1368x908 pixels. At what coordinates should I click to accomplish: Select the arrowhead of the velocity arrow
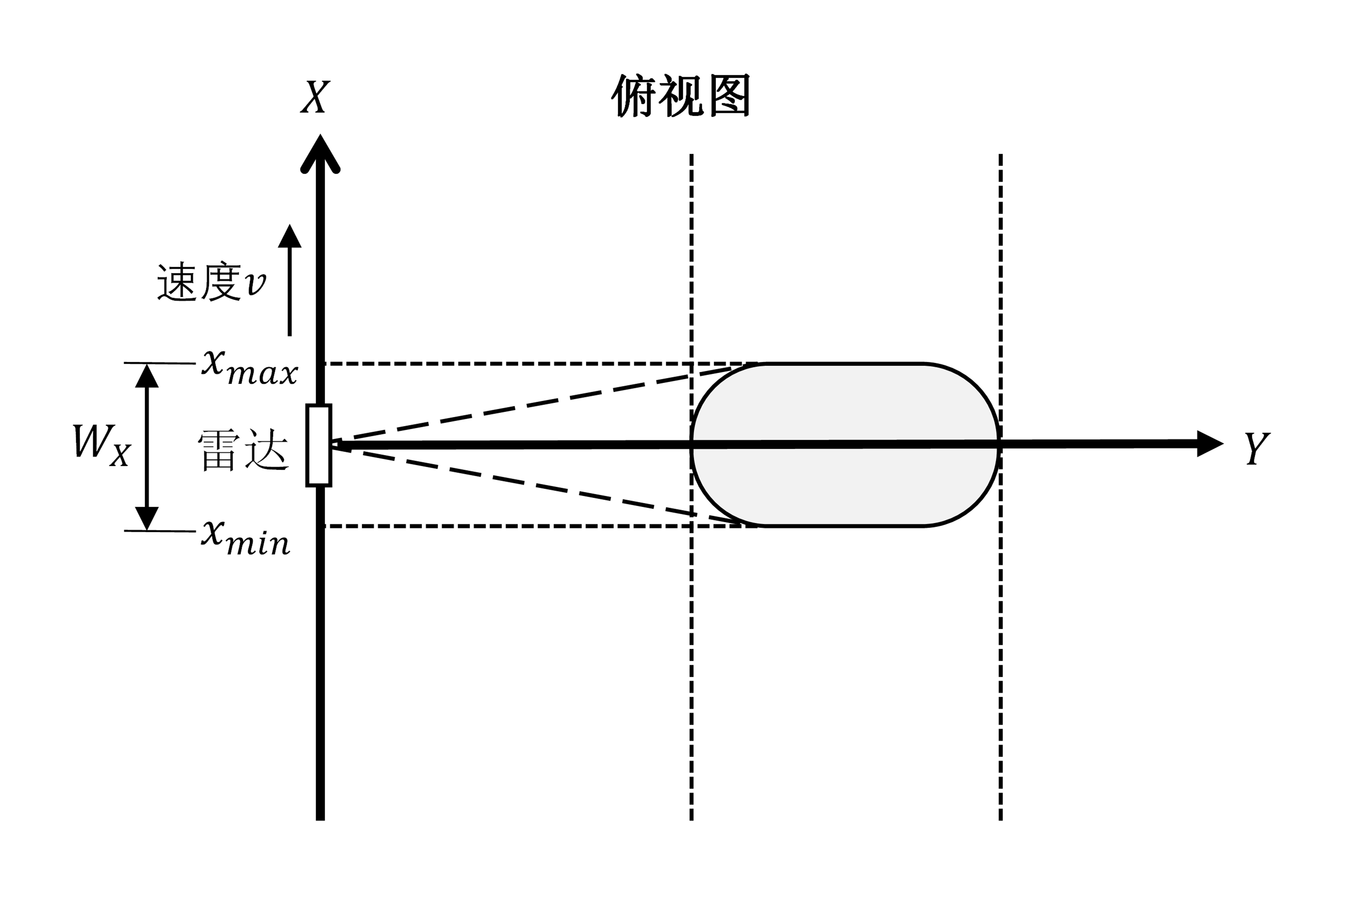click(290, 236)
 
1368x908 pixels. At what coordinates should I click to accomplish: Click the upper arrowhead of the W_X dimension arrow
click(147, 376)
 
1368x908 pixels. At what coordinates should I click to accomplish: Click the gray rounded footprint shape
click(845, 405)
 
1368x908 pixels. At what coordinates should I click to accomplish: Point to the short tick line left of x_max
click(160, 363)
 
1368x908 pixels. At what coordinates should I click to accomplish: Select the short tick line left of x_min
click(160, 530)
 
